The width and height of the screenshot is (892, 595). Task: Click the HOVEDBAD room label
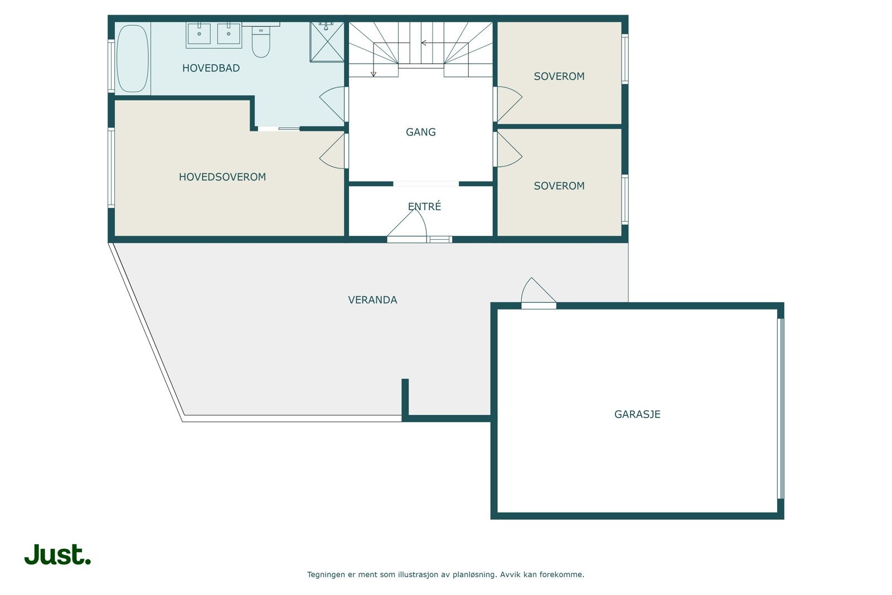pyautogui.click(x=211, y=68)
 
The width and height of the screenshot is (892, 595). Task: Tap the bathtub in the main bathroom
pyautogui.click(x=132, y=59)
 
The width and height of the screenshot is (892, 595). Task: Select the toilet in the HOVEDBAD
pyautogui.click(x=261, y=41)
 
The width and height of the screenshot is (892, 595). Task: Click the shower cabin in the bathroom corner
pyautogui.click(x=327, y=42)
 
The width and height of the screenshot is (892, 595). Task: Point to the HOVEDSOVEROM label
pyautogui.click(x=222, y=177)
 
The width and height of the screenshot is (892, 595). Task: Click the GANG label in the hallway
pyautogui.click(x=420, y=132)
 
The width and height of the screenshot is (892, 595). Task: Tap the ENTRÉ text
pyautogui.click(x=424, y=206)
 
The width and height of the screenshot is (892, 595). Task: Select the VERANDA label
pyautogui.click(x=372, y=300)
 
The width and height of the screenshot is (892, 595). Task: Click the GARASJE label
pyautogui.click(x=637, y=414)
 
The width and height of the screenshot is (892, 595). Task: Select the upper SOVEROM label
pyautogui.click(x=559, y=76)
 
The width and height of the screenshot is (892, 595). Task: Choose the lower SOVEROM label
pyautogui.click(x=559, y=186)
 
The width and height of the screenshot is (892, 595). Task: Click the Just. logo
pyautogui.click(x=57, y=554)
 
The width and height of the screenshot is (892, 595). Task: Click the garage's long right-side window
pyautogui.click(x=780, y=408)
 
